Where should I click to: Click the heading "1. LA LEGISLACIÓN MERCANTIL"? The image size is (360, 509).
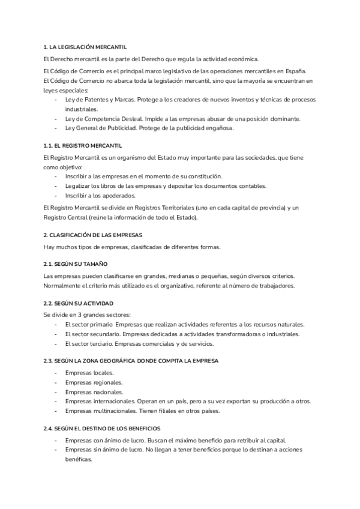tap(85, 47)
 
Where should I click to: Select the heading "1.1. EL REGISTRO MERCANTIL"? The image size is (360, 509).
tap(83, 145)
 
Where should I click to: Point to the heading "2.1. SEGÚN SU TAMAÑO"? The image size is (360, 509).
tap(76, 264)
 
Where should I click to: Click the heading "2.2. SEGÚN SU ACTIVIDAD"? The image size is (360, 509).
tap(78, 303)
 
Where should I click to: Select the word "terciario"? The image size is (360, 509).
tap(97, 343)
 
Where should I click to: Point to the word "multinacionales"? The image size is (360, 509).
tap(116, 411)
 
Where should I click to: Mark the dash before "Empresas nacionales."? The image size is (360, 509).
tap(56, 392)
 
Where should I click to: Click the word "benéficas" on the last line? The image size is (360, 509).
tap(79, 459)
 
